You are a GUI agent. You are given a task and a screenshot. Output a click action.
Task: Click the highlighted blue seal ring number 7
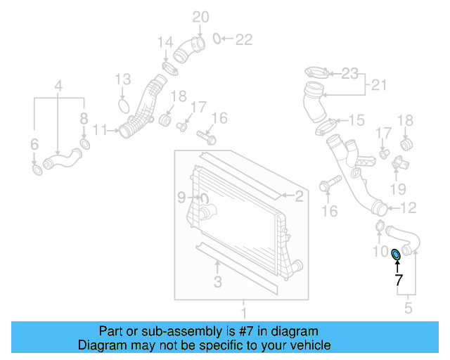tap(396, 254)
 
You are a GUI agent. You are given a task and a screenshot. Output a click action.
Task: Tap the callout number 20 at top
tap(201, 16)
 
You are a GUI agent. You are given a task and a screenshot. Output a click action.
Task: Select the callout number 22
tap(243, 39)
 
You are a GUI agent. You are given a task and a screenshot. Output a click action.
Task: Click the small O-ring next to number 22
tap(217, 38)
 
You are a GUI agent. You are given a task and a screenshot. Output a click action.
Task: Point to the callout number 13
tap(122, 78)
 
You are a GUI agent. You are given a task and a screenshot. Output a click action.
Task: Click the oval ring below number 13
tap(124, 106)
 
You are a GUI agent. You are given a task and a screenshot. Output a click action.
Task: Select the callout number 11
tap(100, 130)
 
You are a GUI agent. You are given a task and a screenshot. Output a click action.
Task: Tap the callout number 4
tap(59, 86)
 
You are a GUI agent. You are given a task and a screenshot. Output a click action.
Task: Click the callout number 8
tap(84, 118)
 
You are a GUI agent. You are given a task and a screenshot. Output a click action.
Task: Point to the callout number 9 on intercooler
tap(180, 196)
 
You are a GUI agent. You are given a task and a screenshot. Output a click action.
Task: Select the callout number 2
tap(299, 197)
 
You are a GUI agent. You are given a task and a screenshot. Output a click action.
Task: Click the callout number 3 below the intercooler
tap(218, 282)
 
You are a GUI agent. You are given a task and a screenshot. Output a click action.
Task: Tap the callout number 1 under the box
tap(244, 312)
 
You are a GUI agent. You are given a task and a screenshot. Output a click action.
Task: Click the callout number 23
tap(350, 72)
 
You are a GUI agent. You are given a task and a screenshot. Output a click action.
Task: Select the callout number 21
tap(380, 86)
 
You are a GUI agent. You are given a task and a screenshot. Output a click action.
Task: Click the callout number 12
tap(409, 207)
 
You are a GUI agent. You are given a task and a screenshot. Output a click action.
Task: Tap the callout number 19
tap(398, 188)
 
